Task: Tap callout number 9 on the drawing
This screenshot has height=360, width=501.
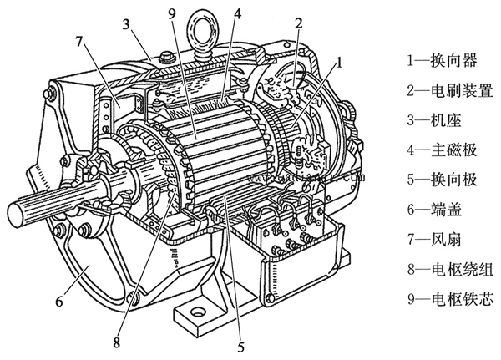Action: (x=172, y=13)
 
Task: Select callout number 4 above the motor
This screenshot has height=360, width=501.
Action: (x=237, y=13)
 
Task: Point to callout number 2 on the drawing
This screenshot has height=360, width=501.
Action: (x=298, y=23)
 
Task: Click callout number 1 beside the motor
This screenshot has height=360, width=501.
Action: (x=339, y=63)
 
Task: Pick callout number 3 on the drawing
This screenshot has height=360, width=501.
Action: (x=127, y=24)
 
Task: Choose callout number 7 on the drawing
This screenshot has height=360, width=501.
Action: (x=79, y=42)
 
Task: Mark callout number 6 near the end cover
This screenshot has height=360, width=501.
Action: (x=59, y=302)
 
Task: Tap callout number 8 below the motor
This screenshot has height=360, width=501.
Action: (x=116, y=342)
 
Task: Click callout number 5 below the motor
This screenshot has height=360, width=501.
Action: (x=240, y=347)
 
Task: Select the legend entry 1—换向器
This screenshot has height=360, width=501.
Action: (x=443, y=60)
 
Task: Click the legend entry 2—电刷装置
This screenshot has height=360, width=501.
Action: (x=450, y=90)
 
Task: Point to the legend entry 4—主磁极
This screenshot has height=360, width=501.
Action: (x=443, y=150)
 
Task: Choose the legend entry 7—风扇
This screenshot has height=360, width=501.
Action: (x=434, y=239)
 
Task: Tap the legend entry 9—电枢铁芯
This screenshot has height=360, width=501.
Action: (x=450, y=299)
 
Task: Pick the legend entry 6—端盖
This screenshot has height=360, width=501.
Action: (x=434, y=210)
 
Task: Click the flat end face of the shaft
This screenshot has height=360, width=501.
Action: (x=16, y=214)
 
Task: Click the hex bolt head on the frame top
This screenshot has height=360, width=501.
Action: (x=166, y=56)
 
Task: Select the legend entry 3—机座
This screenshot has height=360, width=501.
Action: (x=434, y=120)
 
